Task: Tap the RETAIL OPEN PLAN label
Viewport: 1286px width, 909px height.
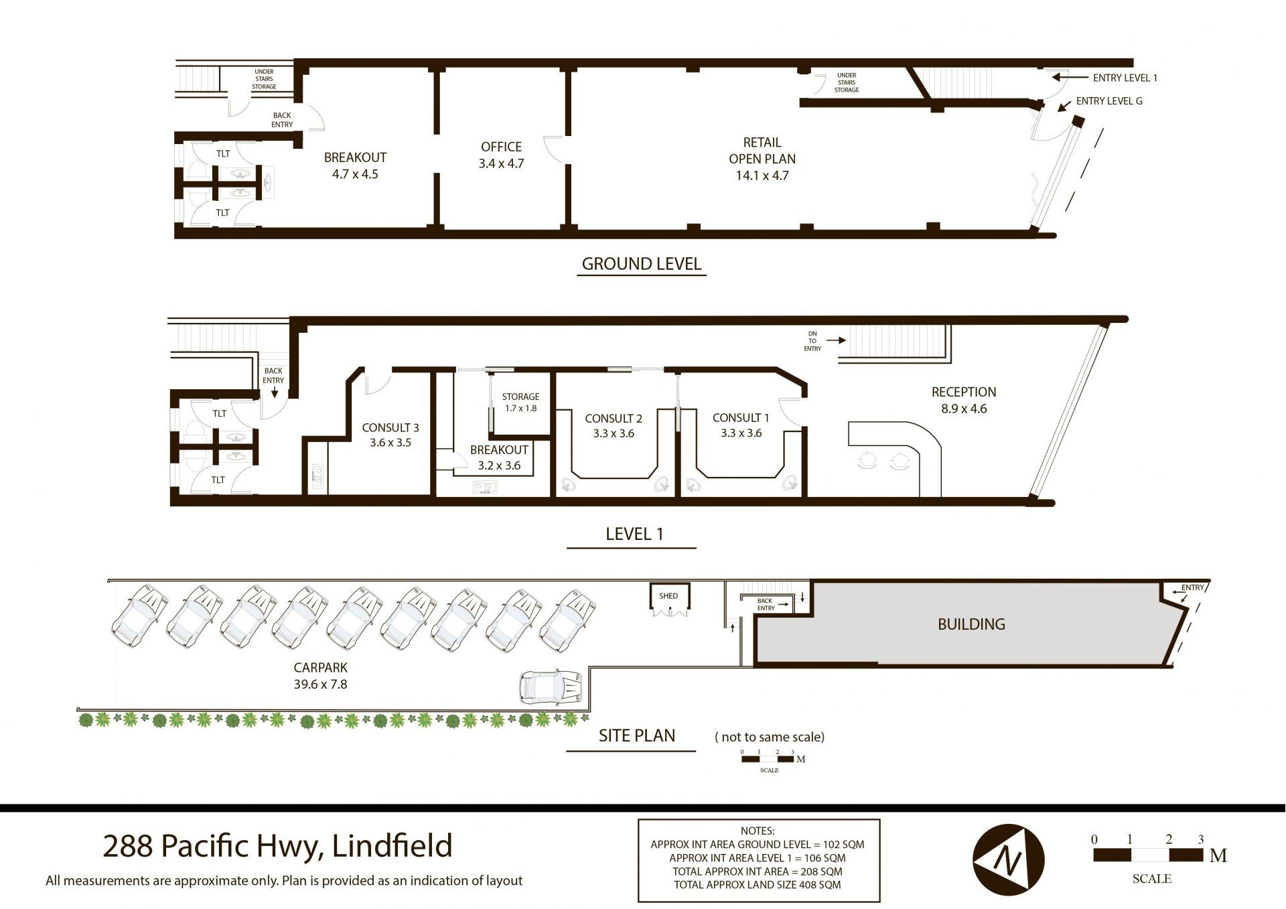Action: click(x=762, y=159)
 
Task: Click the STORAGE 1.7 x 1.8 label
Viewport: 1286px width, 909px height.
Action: click(x=520, y=402)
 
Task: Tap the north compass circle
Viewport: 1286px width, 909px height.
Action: click(x=1009, y=860)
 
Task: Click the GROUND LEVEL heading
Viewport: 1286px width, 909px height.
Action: click(x=642, y=264)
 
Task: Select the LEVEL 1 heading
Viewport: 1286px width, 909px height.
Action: click(x=634, y=534)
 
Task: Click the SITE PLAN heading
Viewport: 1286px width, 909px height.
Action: click(x=636, y=736)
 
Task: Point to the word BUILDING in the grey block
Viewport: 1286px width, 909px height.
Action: click(x=971, y=624)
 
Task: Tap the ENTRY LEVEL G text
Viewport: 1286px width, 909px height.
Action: click(x=1109, y=101)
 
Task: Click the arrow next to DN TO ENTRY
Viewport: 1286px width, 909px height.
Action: click(x=836, y=340)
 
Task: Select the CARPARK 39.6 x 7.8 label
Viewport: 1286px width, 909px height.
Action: click(x=320, y=676)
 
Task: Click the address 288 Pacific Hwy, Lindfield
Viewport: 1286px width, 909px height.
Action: click(x=277, y=845)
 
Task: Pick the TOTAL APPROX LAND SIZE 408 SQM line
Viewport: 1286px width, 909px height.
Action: click(x=757, y=885)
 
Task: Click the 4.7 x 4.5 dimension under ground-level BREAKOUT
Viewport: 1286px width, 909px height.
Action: click(x=355, y=174)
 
